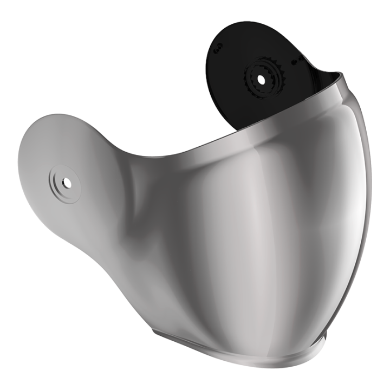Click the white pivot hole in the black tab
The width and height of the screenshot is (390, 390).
point(261,79)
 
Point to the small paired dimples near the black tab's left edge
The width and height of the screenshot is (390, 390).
point(218,49)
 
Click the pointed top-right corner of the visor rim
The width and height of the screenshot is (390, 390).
point(342,74)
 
